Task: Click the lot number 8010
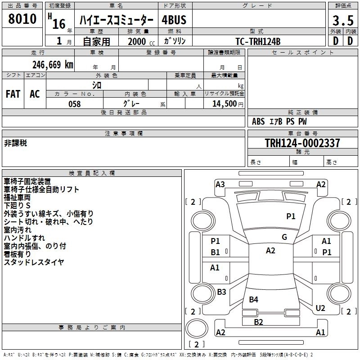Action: pos(22,19)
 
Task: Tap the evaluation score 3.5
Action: pos(342,20)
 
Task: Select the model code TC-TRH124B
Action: pos(258,41)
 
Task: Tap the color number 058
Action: pos(75,104)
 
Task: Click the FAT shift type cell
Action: pos(13,94)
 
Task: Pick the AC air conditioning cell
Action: pos(35,94)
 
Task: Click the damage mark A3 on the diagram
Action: pos(220,184)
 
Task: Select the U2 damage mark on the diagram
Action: pos(320,308)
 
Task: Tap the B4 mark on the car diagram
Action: pos(254,299)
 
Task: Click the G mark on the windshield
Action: pos(284,237)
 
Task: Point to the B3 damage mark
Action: pos(221,292)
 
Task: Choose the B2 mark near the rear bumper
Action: pos(258,322)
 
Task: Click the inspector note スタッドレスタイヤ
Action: pos(34,262)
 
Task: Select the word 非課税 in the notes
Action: pos(16,143)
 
